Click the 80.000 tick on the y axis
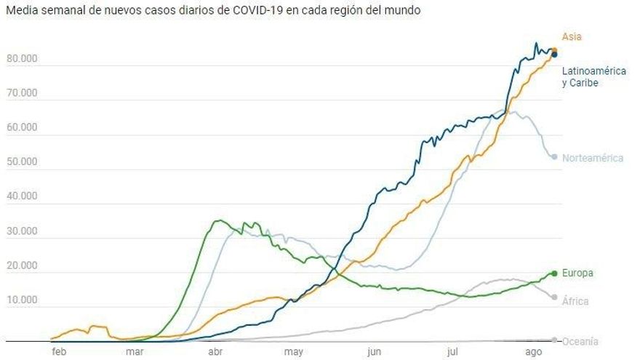[x=23, y=58]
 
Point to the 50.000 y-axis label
[x=23, y=161]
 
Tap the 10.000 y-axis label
[x=23, y=300]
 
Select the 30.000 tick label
[x=23, y=231]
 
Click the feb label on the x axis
[x=59, y=352]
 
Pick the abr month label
[x=215, y=352]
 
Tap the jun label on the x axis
[x=374, y=352]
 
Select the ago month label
[x=533, y=352]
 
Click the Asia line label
[x=572, y=36]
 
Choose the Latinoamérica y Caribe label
[x=593, y=77]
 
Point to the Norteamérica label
[x=592, y=158]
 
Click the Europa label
[x=577, y=273]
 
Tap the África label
[x=575, y=301]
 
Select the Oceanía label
[x=580, y=341]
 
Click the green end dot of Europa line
[x=554, y=273]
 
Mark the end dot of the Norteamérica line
[x=554, y=157]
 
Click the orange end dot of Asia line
[x=554, y=51]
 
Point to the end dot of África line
[x=554, y=297]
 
